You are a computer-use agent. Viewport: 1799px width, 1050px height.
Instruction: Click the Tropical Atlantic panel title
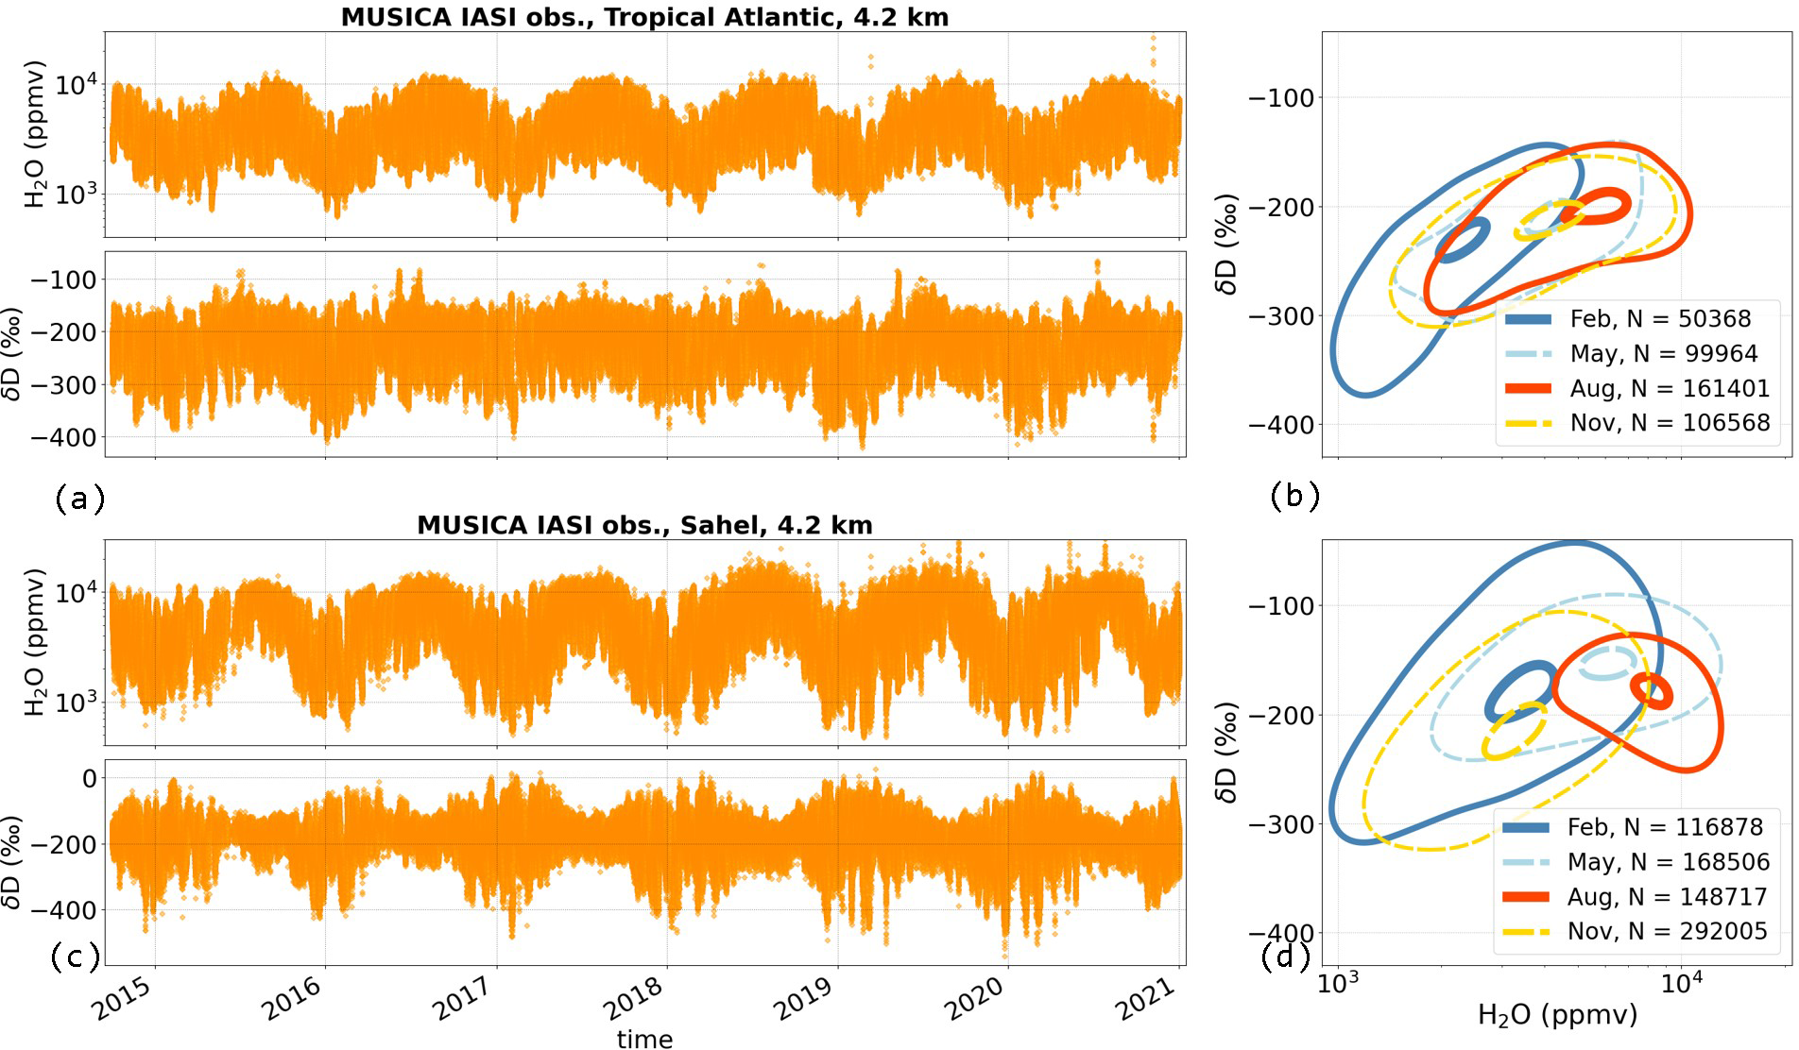click(644, 17)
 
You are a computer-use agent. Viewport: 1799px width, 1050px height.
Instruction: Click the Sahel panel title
click(644, 525)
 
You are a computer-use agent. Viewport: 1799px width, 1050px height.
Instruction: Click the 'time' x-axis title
click(644, 1039)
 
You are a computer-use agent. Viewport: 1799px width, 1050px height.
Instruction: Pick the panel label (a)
click(79, 498)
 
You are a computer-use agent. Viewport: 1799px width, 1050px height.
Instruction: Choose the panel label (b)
click(1294, 495)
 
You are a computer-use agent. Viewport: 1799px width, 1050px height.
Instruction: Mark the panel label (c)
click(75, 957)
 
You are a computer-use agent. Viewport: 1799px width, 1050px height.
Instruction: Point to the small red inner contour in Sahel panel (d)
click(1653, 692)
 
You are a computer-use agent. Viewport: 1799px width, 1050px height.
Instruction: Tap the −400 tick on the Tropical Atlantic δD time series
click(64, 437)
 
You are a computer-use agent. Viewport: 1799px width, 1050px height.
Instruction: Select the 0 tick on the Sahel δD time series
click(89, 779)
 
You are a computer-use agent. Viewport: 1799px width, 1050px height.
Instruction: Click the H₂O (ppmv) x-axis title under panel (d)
click(1557, 1015)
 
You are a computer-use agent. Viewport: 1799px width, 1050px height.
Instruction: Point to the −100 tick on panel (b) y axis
click(1281, 97)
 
